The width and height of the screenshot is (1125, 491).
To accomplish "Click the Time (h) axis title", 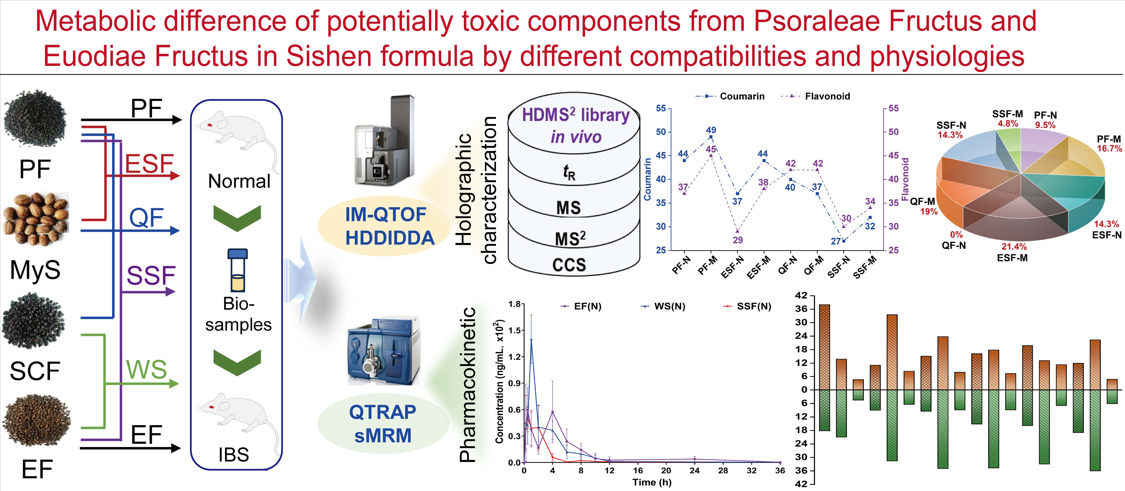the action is (x=652, y=482).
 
